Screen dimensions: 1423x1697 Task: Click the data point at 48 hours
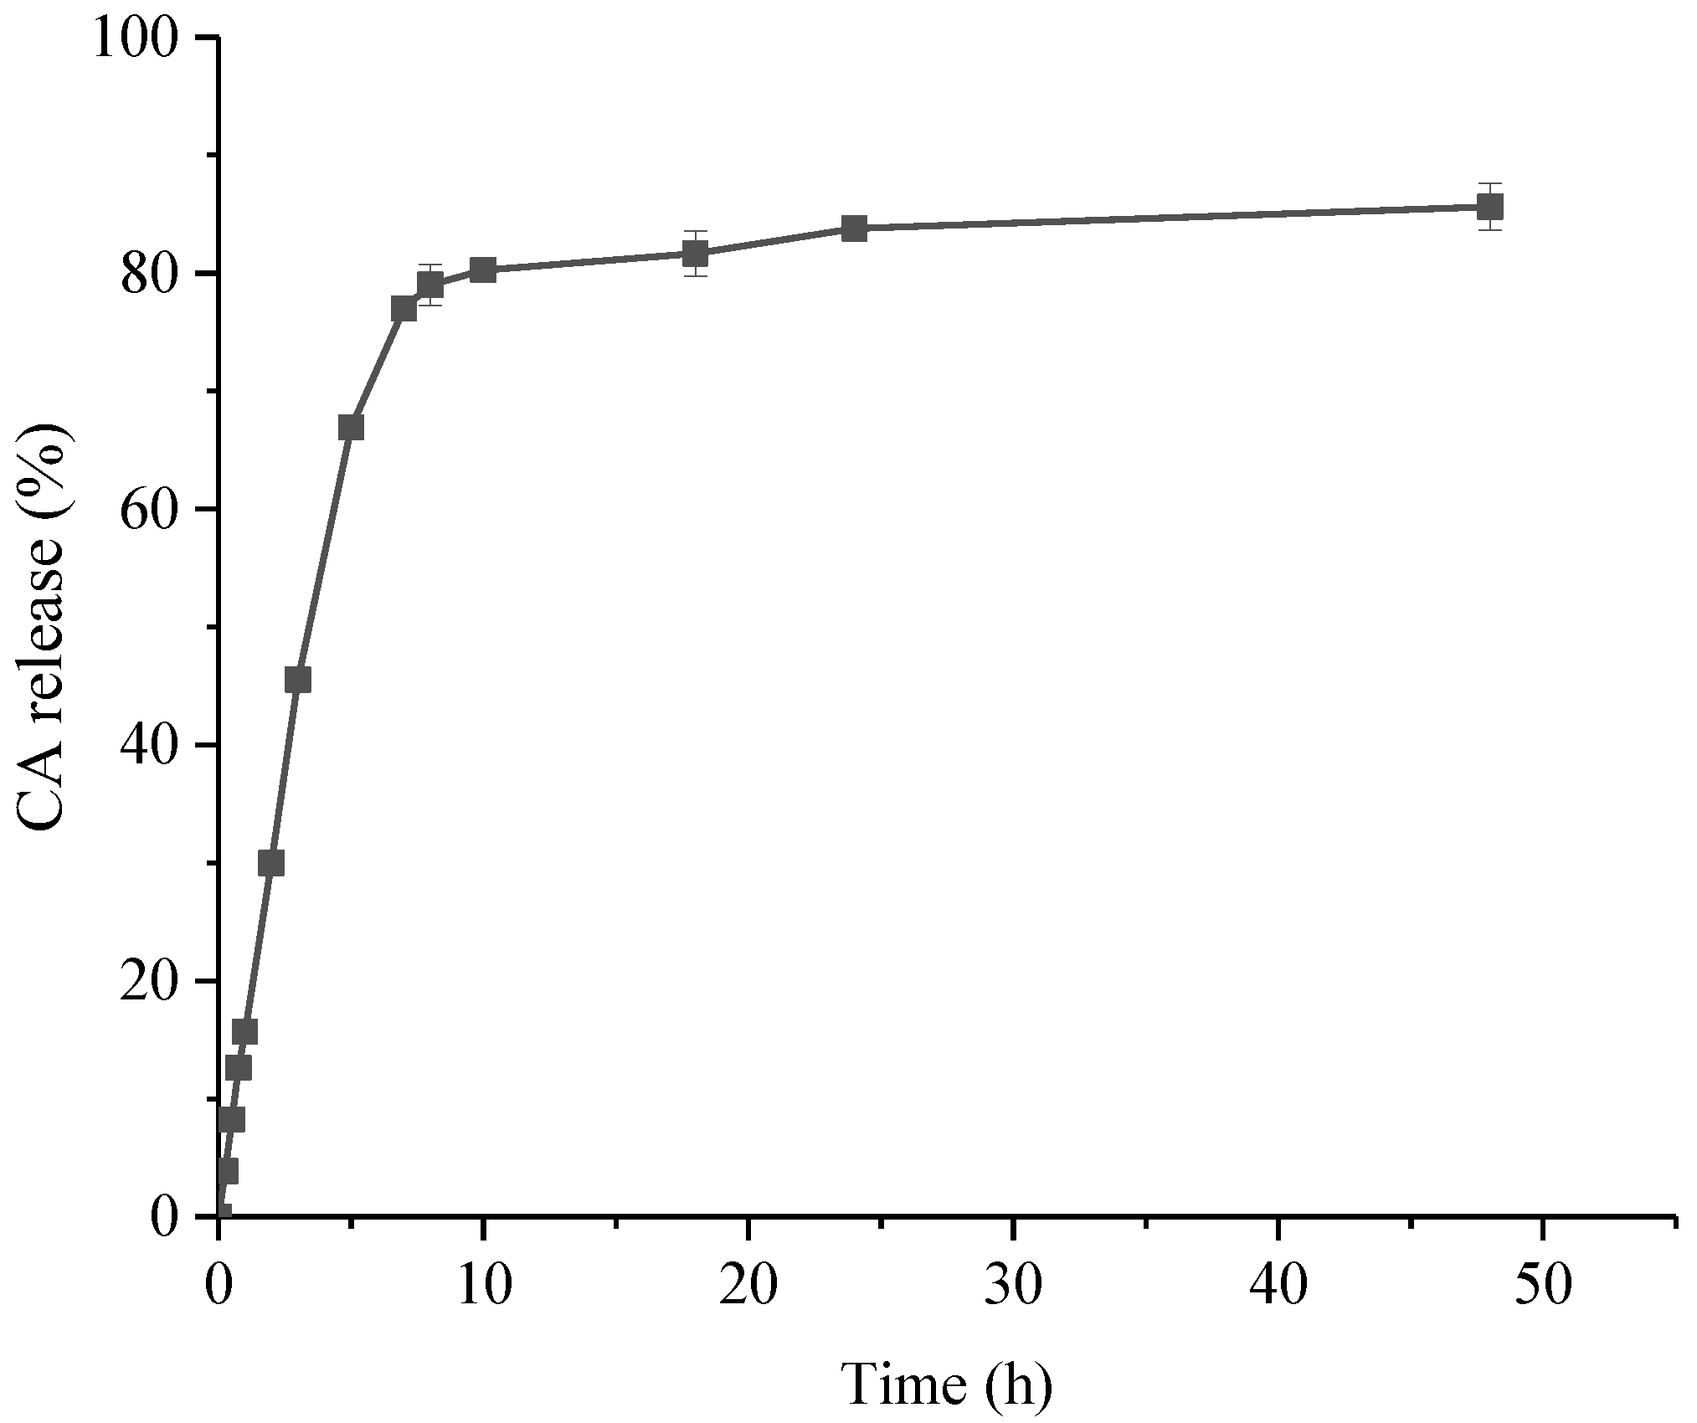click(x=1489, y=206)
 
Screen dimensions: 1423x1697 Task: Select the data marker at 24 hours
click(x=854, y=228)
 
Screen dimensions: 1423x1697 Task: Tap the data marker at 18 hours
click(x=695, y=253)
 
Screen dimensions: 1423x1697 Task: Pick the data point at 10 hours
click(x=483, y=270)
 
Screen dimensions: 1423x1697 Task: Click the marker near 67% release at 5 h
click(x=351, y=427)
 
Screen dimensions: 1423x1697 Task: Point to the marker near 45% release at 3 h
click(x=298, y=680)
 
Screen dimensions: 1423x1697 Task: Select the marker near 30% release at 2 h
click(x=271, y=862)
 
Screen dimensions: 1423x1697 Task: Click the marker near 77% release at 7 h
click(x=404, y=309)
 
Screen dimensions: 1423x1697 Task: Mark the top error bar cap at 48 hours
click(x=1489, y=183)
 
